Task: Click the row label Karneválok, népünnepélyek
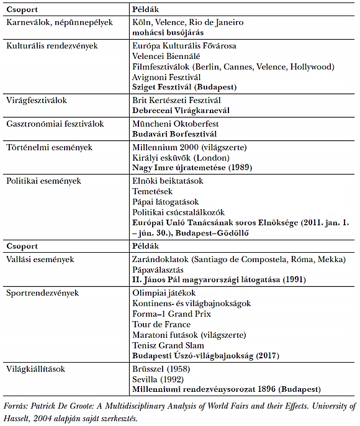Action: pyautogui.click(x=59, y=22)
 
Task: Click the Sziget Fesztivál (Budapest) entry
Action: pyautogui.click(x=184, y=87)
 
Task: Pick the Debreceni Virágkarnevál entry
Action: pyautogui.click(x=181, y=110)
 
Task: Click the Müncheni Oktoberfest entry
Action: pyautogui.click(x=176, y=124)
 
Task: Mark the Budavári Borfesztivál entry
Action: pyautogui.click(x=174, y=134)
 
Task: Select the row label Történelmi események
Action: pyautogui.click(x=49, y=147)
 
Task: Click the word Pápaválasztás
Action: pyautogui.click(x=158, y=270)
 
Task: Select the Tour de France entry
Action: pyautogui.click(x=161, y=324)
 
